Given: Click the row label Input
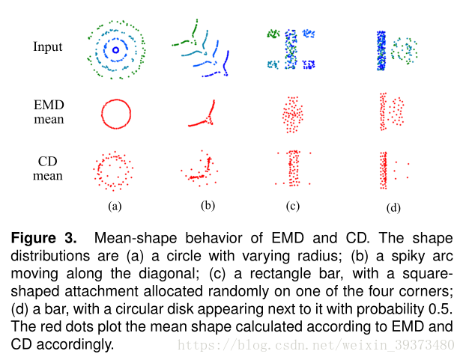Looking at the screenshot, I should click(x=48, y=47).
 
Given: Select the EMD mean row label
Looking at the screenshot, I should click(x=49, y=112).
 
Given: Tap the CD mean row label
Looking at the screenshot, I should click(x=48, y=169).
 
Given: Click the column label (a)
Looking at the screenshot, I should click(x=114, y=204).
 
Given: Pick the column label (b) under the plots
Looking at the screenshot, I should click(x=208, y=204).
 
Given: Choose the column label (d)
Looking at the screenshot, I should click(x=391, y=207).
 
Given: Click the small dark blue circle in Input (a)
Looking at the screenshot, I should click(x=115, y=51).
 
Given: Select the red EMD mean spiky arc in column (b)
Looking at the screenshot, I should click(x=204, y=115).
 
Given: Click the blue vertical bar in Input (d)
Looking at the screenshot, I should click(x=381, y=50).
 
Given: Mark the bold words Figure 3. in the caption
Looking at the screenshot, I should click(x=43, y=239).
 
